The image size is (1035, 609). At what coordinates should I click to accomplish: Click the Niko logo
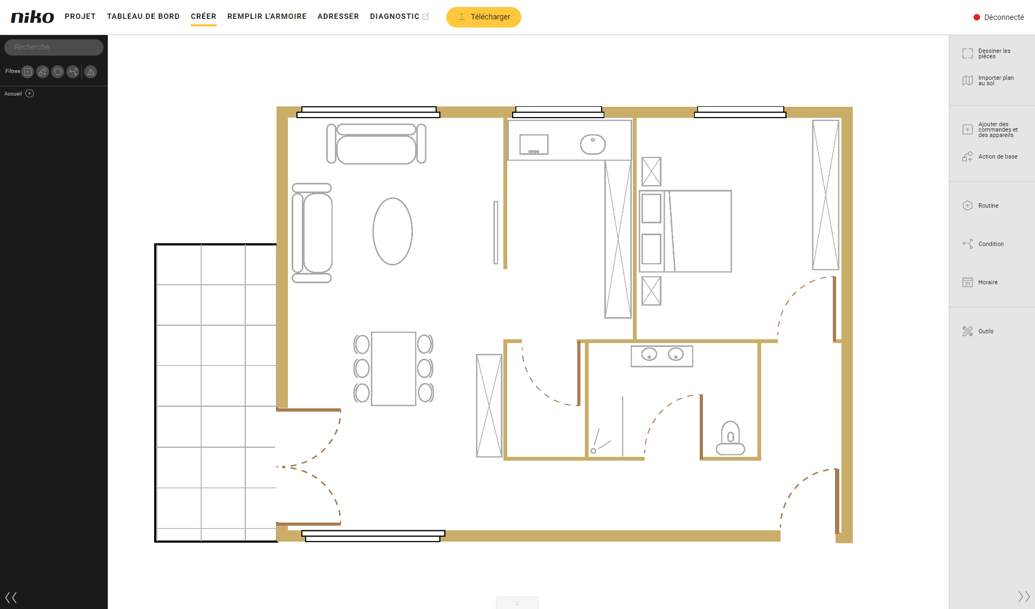(32, 17)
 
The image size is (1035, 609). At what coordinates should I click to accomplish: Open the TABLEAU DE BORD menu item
(143, 16)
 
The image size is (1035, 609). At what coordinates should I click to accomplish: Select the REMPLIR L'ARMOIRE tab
(267, 16)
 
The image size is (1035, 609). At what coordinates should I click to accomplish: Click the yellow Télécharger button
(484, 17)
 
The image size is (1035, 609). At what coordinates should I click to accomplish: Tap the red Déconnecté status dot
(976, 17)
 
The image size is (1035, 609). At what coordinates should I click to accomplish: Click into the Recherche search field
(54, 47)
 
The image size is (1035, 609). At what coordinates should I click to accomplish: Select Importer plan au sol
(988, 80)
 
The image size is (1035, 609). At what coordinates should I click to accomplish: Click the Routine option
(981, 206)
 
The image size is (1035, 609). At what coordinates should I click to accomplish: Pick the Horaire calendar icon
(968, 282)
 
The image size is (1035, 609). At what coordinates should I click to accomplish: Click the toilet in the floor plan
(730, 438)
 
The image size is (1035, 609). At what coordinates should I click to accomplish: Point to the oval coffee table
(392, 231)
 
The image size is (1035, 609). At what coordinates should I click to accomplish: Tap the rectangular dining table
(394, 368)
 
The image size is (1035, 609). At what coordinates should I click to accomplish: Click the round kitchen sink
(593, 144)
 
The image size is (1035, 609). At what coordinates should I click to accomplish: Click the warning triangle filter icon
(91, 72)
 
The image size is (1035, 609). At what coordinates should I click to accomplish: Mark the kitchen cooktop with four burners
(534, 145)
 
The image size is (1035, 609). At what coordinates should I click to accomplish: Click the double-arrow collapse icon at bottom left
(11, 597)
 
